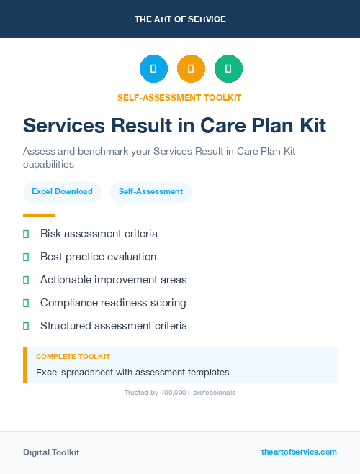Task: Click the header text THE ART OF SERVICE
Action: click(x=180, y=19)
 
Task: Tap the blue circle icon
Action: click(x=153, y=69)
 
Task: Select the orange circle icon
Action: click(x=191, y=69)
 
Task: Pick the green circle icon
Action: click(x=228, y=69)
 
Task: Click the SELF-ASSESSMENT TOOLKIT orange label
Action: click(x=180, y=97)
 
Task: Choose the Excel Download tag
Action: click(x=62, y=192)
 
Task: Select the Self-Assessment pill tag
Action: click(x=150, y=192)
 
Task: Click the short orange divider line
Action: click(x=39, y=215)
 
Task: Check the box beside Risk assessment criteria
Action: click(x=26, y=234)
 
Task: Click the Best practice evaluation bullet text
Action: click(x=98, y=257)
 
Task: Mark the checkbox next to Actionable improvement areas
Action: click(x=26, y=280)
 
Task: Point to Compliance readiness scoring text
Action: click(x=113, y=303)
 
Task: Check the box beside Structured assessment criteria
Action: click(x=26, y=326)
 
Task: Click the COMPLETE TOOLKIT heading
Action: click(x=73, y=357)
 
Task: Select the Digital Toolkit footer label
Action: click(x=51, y=452)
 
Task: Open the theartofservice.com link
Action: click(x=299, y=452)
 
